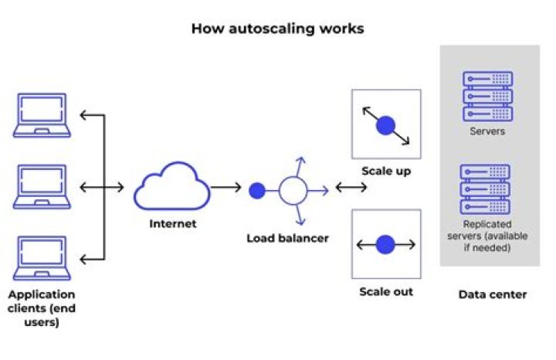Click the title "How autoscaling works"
(x=277, y=29)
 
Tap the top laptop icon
(x=42, y=116)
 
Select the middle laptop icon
(x=42, y=187)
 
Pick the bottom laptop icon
(x=42, y=258)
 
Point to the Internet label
(x=173, y=224)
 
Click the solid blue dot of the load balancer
(x=257, y=188)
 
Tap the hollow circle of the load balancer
(x=293, y=188)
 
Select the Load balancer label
(x=287, y=238)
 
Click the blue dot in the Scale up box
(x=385, y=125)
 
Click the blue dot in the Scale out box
(x=385, y=245)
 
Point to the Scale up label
(x=385, y=171)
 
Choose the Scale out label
(x=386, y=291)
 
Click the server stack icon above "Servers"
(x=487, y=95)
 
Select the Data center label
(x=492, y=294)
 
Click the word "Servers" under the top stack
(x=487, y=131)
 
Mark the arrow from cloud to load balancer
(x=225, y=188)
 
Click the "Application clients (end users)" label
(x=42, y=308)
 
